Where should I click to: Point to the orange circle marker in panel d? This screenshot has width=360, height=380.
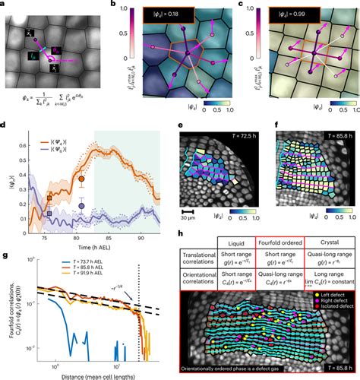click(81, 180)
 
